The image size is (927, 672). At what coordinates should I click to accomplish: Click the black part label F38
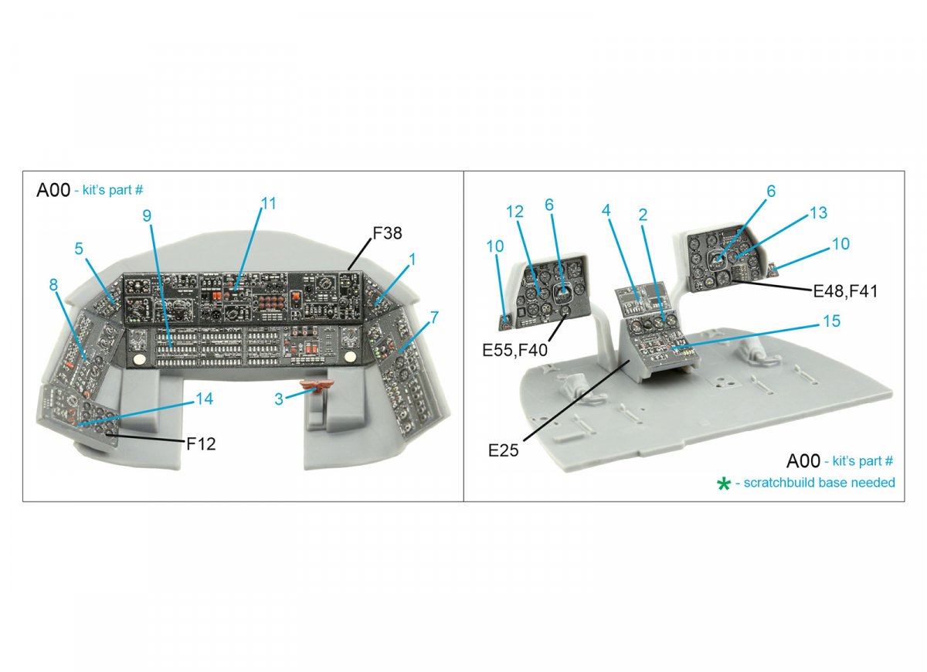tap(387, 233)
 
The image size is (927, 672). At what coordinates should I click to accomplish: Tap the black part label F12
tap(201, 444)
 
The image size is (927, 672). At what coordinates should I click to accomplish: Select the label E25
tap(503, 450)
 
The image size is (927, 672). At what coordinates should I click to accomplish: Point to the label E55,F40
tap(514, 350)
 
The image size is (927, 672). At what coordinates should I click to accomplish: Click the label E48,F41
tap(845, 291)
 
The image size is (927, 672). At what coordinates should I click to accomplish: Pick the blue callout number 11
tap(268, 203)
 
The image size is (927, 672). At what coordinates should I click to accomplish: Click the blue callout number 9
tap(147, 216)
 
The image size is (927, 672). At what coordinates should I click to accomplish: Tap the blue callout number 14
tap(205, 399)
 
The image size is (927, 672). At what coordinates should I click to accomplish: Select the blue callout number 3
tap(279, 399)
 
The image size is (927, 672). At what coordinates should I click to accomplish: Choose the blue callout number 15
tap(832, 321)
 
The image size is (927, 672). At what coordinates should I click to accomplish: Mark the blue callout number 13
tap(818, 212)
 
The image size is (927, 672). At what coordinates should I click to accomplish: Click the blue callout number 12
tap(514, 212)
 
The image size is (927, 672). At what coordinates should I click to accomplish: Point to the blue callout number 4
tap(606, 210)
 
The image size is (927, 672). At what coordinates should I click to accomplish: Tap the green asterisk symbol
tap(723, 484)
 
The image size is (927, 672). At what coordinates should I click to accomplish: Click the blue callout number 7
tap(433, 317)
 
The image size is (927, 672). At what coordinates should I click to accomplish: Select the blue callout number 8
tap(53, 285)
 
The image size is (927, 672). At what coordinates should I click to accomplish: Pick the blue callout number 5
tap(79, 248)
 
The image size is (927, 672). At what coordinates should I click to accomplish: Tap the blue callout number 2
tap(643, 215)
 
